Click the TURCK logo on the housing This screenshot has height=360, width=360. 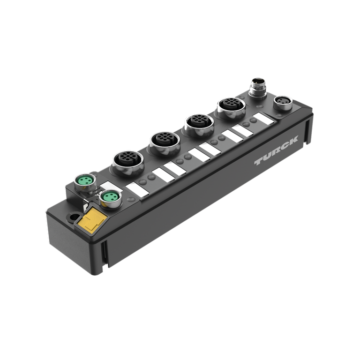(276, 150)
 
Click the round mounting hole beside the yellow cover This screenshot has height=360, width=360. (74, 217)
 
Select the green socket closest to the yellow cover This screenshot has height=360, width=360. (111, 199)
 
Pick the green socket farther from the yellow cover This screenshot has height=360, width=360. (85, 182)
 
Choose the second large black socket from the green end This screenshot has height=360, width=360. (165, 143)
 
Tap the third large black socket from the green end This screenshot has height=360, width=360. (199, 125)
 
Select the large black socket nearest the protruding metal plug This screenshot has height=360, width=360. (232, 108)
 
